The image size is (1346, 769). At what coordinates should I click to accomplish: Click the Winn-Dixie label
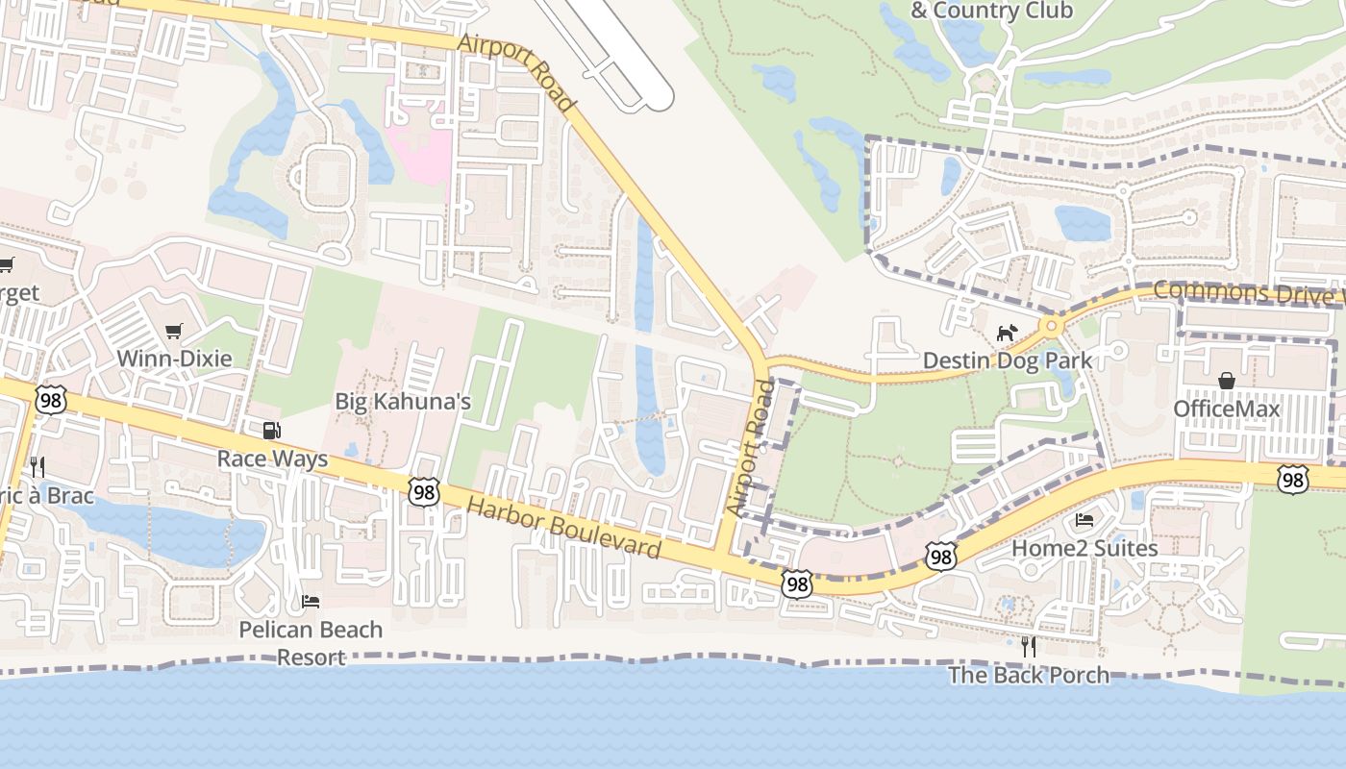point(174,359)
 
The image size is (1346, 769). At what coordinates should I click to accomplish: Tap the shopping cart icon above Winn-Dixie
point(174,332)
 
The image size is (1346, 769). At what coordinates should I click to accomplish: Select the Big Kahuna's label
point(403,401)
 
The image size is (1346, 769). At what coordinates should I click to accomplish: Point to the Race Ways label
point(272,459)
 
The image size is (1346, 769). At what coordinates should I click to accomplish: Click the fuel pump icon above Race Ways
point(272,431)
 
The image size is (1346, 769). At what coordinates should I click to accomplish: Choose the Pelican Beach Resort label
point(311,643)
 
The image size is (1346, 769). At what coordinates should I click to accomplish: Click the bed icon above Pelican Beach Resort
point(311,602)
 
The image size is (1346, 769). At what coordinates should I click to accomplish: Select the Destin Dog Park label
point(1007,360)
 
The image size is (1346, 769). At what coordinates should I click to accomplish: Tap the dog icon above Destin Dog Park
point(1007,334)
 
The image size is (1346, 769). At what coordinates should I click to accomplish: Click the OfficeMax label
point(1226,409)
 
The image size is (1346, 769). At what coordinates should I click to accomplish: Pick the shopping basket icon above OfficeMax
point(1226,382)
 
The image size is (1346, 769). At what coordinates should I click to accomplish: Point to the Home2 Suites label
point(1084,548)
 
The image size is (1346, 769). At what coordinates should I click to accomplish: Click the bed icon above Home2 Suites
point(1084,521)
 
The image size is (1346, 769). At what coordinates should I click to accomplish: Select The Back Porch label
point(1029,675)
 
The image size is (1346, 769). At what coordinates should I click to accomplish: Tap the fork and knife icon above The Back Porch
point(1029,647)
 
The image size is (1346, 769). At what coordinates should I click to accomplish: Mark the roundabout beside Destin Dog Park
point(1051,326)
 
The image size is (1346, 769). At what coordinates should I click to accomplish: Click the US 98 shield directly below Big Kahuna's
point(423,492)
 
